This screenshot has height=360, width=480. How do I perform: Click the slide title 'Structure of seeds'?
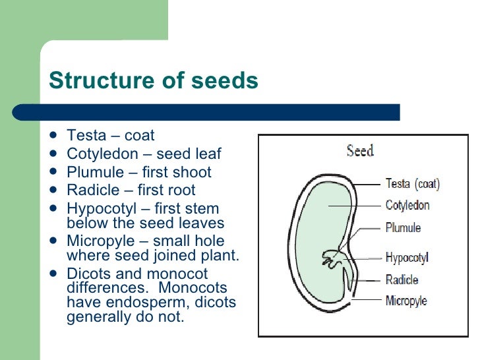pos(153,80)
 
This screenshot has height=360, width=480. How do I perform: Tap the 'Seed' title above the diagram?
pos(360,150)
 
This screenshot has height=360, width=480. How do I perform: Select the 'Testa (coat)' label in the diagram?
pos(413,184)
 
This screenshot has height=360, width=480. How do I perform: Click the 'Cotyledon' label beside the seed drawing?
pos(407,205)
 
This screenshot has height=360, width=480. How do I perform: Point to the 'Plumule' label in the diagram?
pos(403,228)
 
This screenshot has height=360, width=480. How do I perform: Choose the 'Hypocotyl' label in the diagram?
pos(407,257)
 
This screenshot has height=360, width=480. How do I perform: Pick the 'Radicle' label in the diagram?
pos(402,280)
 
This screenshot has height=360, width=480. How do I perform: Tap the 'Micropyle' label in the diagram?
pos(406,301)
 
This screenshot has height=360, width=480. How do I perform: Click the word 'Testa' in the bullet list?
pos(86,136)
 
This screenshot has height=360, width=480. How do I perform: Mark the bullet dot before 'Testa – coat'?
pos(53,136)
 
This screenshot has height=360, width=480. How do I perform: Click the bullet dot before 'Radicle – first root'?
pos(53,191)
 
